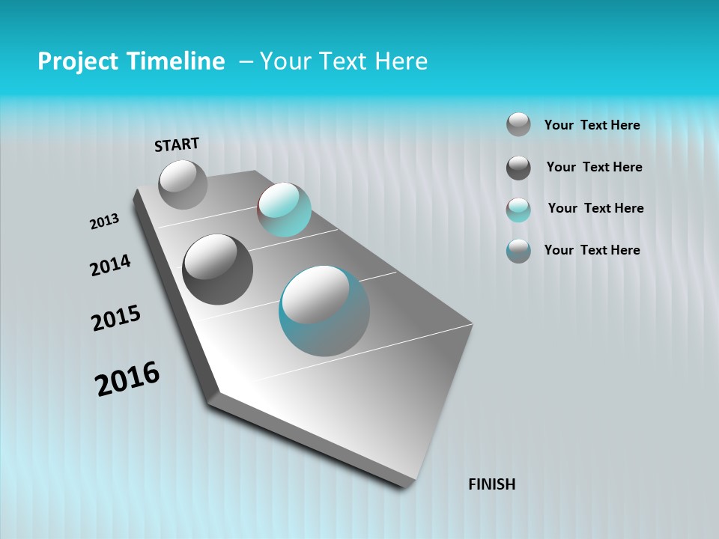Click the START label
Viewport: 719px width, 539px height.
(x=177, y=144)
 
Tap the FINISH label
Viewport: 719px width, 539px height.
(x=491, y=484)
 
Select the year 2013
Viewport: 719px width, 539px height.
(x=104, y=222)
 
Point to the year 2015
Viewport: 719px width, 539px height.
(x=116, y=318)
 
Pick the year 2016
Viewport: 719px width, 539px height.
(x=127, y=378)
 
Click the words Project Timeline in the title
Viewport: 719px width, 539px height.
(x=131, y=61)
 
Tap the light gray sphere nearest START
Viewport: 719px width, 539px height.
(x=183, y=184)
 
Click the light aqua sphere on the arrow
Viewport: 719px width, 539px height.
(x=284, y=210)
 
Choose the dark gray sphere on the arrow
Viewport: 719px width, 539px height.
(x=217, y=269)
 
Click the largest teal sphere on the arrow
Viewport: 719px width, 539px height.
(x=324, y=311)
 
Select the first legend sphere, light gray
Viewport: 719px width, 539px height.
(x=518, y=124)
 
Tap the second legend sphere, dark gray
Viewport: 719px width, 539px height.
(x=518, y=168)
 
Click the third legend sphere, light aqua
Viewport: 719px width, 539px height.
(x=518, y=210)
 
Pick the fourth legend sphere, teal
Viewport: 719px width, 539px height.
(x=518, y=251)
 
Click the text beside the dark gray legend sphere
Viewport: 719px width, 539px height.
(x=594, y=167)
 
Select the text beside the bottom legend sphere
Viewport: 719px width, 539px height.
(x=592, y=250)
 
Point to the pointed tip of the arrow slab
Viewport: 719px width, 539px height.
(x=406, y=485)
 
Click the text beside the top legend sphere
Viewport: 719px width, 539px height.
(x=592, y=125)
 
